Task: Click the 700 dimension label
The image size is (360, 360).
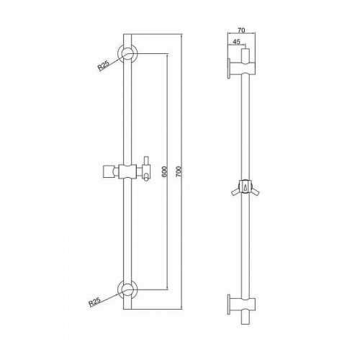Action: pyautogui.click(x=179, y=171)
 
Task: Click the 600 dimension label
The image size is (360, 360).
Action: pyautogui.click(x=165, y=171)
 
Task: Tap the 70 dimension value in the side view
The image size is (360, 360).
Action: pyautogui.click(x=241, y=30)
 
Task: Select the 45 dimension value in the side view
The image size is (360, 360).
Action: pyautogui.click(x=236, y=42)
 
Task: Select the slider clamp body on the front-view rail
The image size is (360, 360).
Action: pyautogui.click(x=127, y=171)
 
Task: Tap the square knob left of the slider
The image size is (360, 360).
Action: pyautogui.click(x=108, y=171)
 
